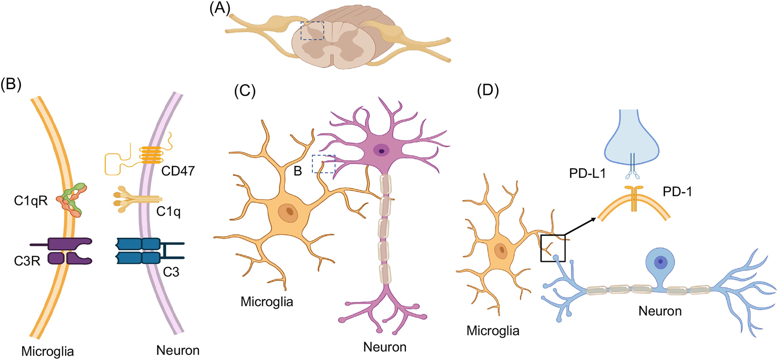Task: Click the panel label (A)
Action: click(x=220, y=8)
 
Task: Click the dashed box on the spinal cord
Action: click(x=312, y=31)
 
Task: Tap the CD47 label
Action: click(x=178, y=171)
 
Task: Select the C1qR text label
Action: click(x=31, y=201)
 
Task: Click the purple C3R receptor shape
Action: click(x=69, y=251)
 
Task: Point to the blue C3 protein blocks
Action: click(x=138, y=251)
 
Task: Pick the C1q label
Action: click(x=168, y=211)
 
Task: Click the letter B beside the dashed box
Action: click(x=297, y=171)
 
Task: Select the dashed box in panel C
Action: click(x=323, y=164)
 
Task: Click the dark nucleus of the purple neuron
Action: click(x=381, y=151)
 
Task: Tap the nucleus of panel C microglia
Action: click(x=288, y=212)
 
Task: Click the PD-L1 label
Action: click(x=587, y=173)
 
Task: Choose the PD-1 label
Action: click(x=677, y=191)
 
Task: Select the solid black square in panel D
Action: click(x=553, y=248)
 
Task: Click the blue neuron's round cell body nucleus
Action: click(x=660, y=261)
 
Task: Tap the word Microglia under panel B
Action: click(x=48, y=351)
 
